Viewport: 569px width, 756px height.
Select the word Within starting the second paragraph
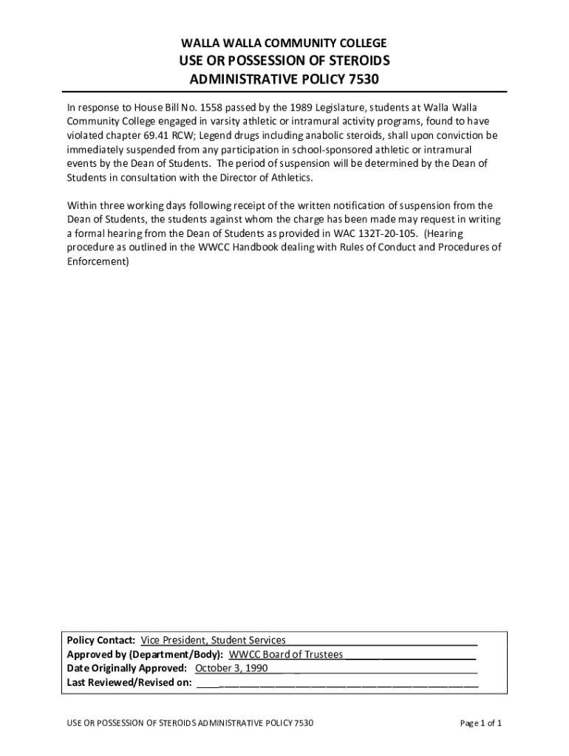(82, 205)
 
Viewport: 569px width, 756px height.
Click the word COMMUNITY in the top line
(276, 43)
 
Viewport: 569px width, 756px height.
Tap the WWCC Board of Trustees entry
(286, 654)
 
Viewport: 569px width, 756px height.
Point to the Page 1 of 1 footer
(481, 723)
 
